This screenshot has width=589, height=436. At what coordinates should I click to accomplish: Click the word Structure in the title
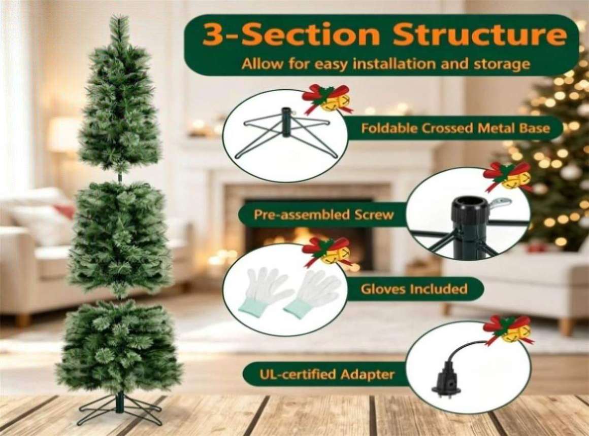tap(480, 34)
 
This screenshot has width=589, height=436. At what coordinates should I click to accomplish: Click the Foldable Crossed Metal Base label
tap(455, 128)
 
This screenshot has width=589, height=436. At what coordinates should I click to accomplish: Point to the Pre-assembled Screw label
tap(323, 215)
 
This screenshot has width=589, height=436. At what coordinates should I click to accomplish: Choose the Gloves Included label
tap(414, 289)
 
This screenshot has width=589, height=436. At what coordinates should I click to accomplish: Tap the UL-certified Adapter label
tap(327, 374)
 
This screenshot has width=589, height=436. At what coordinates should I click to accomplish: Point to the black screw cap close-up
tap(470, 209)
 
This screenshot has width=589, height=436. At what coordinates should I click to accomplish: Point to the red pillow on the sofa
tap(64, 211)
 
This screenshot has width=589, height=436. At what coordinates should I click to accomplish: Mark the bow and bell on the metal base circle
tap(329, 98)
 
